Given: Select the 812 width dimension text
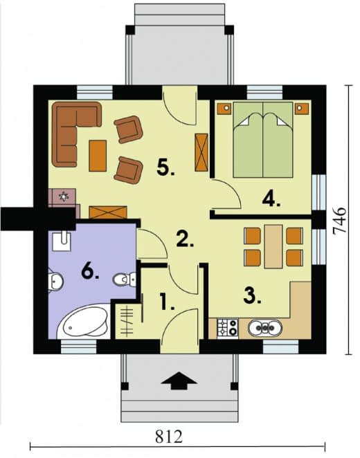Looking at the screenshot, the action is click(169, 437).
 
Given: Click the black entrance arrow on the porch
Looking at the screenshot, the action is click(179, 381).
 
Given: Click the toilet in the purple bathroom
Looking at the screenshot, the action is click(125, 280).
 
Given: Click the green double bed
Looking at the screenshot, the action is click(263, 140).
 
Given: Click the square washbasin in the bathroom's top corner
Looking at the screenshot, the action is click(62, 241).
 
